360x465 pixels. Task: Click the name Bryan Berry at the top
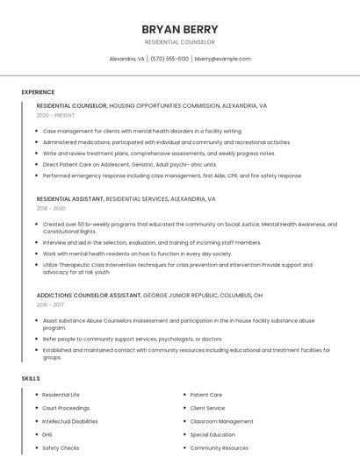click(179, 29)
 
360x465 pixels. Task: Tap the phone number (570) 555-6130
click(169, 59)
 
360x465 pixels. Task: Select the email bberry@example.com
click(223, 59)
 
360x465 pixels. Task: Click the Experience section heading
click(38, 92)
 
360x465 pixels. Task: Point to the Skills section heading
click(31, 378)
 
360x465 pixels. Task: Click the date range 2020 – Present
click(55, 115)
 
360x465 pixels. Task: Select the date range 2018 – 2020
click(51, 209)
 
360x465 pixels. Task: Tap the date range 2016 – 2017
click(50, 304)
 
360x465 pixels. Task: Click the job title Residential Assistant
click(70, 199)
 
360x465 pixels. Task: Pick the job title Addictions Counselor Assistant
click(89, 295)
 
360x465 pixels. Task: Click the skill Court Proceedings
click(66, 408)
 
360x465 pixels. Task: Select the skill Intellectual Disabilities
click(70, 421)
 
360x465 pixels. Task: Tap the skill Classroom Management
click(221, 421)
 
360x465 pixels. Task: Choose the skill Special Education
click(212, 434)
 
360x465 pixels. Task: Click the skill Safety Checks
click(61, 448)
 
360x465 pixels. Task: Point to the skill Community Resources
click(219, 448)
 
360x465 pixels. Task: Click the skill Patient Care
click(206, 395)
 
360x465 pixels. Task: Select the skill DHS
click(47, 434)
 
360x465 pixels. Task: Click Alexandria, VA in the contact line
click(126, 59)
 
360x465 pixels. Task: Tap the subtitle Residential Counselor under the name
click(179, 42)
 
